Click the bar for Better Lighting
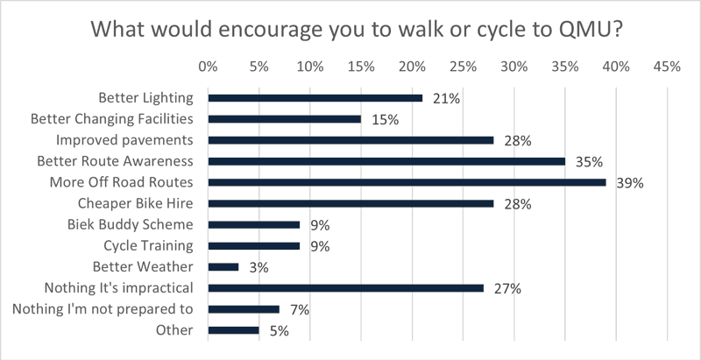315,98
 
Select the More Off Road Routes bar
407,182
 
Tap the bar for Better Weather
223,266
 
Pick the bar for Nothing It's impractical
345,287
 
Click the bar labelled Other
233,330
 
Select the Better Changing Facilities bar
284,119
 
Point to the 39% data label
630,183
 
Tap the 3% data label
258,267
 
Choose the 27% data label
503,288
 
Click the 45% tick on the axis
667,66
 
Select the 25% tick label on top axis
463,66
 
